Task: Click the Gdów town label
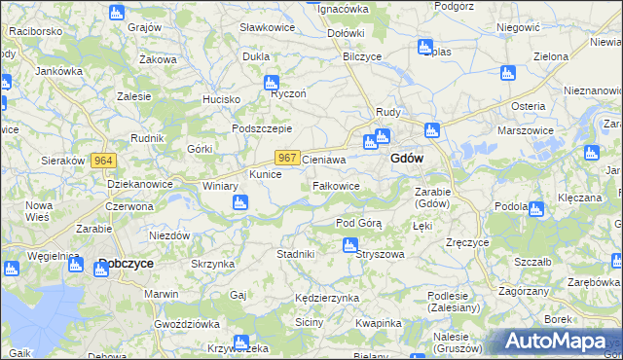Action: click(406, 159)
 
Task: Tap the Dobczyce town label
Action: click(127, 264)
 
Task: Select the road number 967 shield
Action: click(286, 158)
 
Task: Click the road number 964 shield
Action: click(104, 161)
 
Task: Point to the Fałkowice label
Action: click(337, 185)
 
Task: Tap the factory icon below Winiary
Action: click(239, 202)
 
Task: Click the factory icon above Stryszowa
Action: click(349, 245)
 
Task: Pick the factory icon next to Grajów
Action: click(117, 13)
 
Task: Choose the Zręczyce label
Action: click(465, 241)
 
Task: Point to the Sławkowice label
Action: click(268, 27)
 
